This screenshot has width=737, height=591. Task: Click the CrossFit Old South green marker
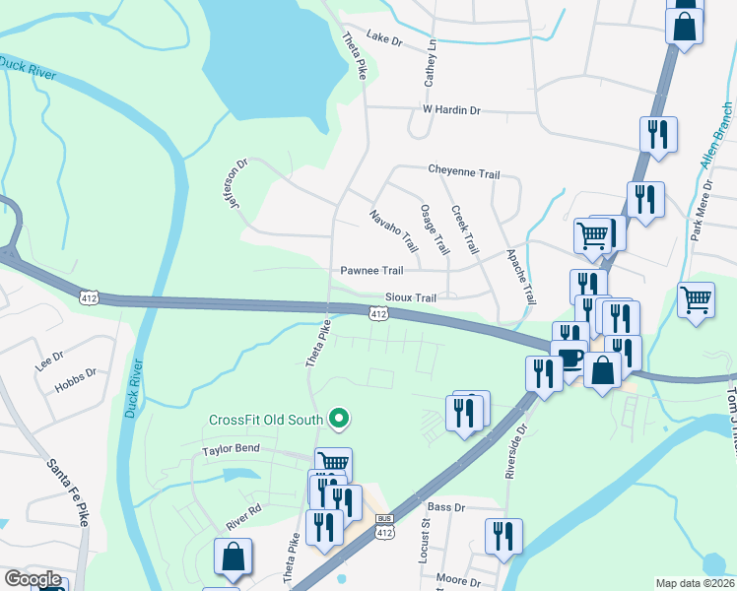[341, 420]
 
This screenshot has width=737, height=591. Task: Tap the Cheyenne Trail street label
[463, 172]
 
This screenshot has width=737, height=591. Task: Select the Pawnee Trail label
[371, 271]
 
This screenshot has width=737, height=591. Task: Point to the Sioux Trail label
[410, 297]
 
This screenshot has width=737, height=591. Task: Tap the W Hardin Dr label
[450, 110]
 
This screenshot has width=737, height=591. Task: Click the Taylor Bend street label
[230, 450]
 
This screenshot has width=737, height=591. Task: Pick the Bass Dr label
[445, 506]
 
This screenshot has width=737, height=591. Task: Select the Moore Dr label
[457, 581]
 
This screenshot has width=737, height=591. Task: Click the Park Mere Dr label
[701, 210]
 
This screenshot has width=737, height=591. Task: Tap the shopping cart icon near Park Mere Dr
[696, 299]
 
